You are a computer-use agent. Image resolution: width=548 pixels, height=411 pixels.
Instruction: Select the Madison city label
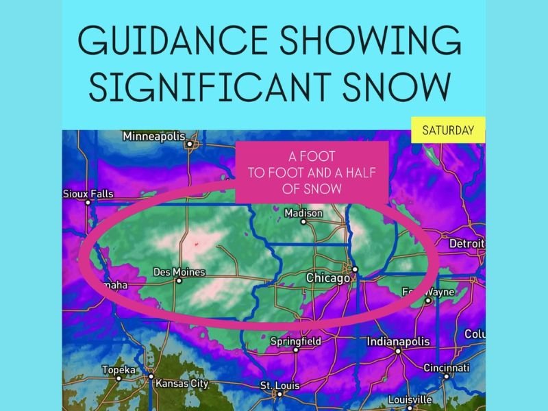point(303,213)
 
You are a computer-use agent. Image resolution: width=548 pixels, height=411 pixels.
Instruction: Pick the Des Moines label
point(178,272)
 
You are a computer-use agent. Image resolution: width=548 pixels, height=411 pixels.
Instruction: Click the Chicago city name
point(327,278)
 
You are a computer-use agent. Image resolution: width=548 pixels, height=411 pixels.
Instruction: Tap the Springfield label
point(295,340)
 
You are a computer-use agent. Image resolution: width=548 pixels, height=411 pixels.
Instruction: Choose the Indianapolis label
point(397,341)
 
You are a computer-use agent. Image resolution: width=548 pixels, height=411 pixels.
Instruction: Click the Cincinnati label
point(446,367)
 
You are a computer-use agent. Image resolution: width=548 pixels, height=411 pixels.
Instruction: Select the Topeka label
point(118,370)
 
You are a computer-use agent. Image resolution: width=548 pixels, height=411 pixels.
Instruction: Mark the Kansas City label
point(181,383)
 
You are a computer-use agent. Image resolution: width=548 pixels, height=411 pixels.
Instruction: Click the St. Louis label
point(277,386)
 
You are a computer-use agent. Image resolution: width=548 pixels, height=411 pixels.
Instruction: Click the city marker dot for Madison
point(303,222)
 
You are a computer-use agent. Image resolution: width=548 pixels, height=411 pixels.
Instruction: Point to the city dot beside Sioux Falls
point(88,203)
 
